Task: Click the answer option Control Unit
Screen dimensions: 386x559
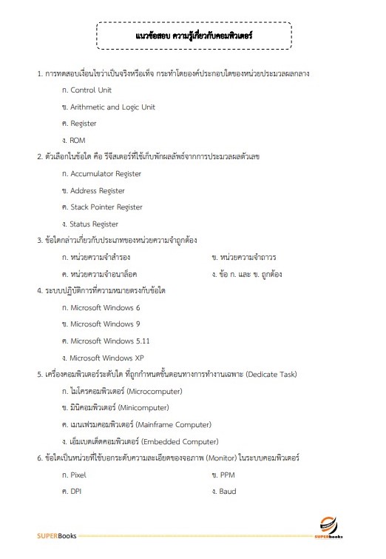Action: coord(91,90)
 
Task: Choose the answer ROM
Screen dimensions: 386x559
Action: coord(78,140)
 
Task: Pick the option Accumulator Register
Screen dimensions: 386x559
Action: coord(106,174)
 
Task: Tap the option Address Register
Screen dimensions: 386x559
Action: coord(98,190)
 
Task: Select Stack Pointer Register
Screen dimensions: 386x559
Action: coord(106,207)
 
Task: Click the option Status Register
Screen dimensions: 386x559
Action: coord(94,224)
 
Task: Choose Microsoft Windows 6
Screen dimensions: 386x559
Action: coord(105,307)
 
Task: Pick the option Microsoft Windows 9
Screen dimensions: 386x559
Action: coord(105,324)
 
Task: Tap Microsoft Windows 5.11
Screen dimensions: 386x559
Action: coord(109,341)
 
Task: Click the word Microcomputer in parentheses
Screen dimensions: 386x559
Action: coord(155,391)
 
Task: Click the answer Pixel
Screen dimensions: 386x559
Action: coord(78,475)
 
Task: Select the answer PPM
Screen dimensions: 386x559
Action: coord(227,475)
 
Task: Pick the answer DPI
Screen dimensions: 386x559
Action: coord(76,491)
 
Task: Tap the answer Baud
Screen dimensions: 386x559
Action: coord(228,491)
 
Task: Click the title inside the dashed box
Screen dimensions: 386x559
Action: coord(194,35)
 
